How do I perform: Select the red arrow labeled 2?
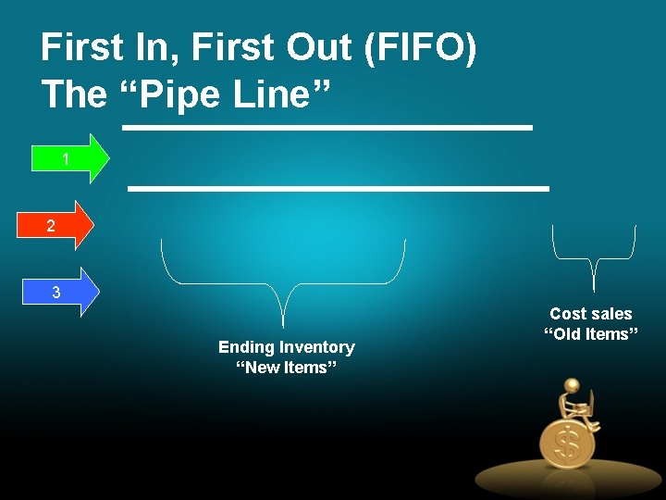coord(55,225)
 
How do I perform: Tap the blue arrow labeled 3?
coord(61,293)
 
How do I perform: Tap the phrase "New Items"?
coord(286,368)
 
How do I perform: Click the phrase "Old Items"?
coord(590,334)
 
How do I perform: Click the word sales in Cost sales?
coord(611,314)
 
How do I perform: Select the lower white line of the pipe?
coord(339,188)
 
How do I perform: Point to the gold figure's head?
coord(572,385)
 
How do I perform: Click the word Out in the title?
coord(320,47)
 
